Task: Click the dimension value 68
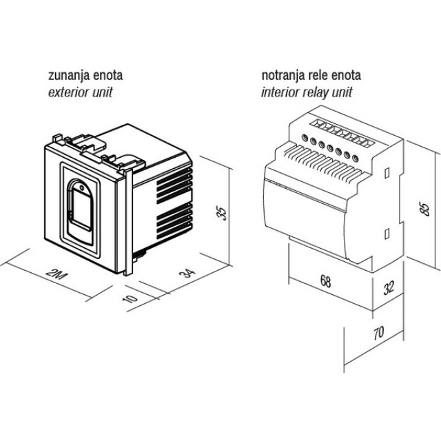(x=326, y=282)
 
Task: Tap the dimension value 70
(x=378, y=334)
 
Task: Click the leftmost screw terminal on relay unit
(x=304, y=142)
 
